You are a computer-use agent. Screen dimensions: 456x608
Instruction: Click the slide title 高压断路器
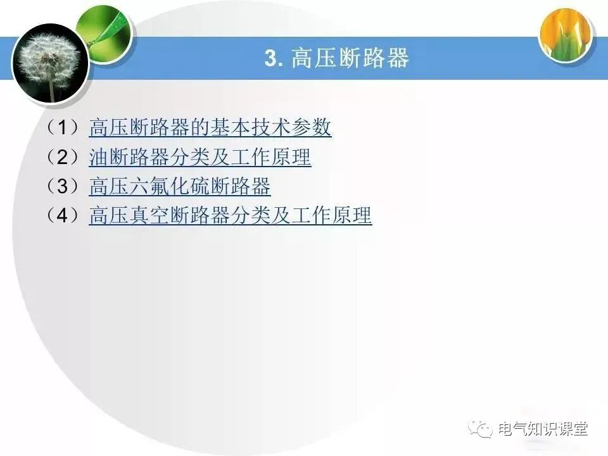[350, 58]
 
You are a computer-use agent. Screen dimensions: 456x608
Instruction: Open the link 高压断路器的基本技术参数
[210, 127]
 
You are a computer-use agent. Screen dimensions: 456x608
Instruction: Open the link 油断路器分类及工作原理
[199, 157]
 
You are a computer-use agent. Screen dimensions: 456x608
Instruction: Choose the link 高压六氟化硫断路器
[179, 187]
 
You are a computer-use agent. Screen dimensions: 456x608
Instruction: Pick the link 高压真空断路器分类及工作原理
[230, 216]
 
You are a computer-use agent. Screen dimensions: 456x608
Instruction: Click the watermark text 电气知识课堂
[543, 429]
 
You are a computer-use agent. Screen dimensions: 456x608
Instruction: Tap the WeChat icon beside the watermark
[481, 429]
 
